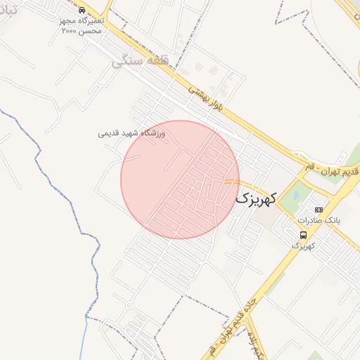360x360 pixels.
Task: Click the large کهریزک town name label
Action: coord(256,198)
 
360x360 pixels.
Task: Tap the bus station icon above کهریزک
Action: coord(303,235)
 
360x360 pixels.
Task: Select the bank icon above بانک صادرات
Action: coord(319,210)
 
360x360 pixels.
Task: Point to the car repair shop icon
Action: coord(82,11)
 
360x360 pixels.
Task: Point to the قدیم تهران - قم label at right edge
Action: coord(333,171)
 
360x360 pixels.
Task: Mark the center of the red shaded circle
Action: coord(180,179)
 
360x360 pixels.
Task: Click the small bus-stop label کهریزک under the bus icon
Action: coord(303,245)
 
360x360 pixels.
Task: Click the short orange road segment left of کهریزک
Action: coord(232,181)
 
